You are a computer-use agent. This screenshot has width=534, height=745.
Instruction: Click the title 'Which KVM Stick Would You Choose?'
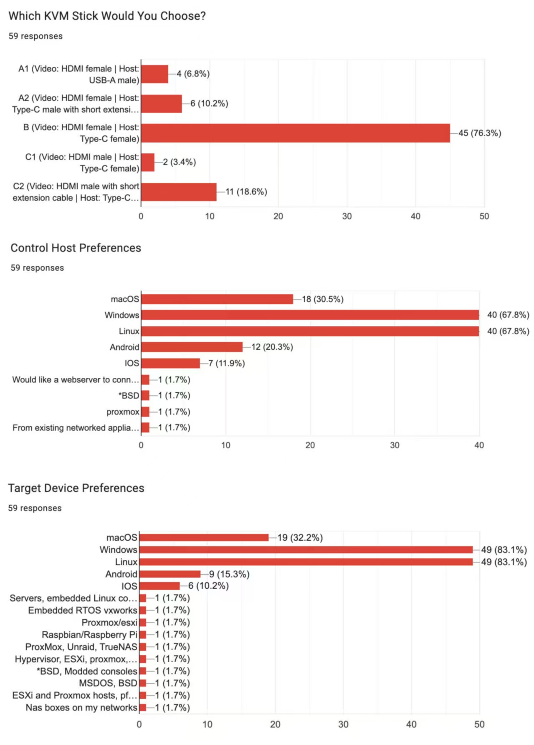[107, 16]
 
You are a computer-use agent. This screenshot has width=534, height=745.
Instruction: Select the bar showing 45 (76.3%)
[295, 133]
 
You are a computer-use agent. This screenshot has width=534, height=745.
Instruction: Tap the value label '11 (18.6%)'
[246, 192]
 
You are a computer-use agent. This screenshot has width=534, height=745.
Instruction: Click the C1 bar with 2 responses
[148, 162]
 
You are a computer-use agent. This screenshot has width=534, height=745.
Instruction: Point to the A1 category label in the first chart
[78, 74]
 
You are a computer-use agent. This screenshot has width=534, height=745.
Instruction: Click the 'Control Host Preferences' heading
[76, 248]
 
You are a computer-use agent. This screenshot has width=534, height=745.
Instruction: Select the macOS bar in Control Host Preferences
[217, 299]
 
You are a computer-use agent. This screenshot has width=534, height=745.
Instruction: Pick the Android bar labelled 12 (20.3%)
[192, 347]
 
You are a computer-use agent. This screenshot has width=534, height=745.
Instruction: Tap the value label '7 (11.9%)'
[226, 363]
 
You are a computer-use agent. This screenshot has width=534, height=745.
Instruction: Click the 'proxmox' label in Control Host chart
[123, 412]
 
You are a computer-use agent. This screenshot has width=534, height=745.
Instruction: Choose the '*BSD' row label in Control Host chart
[129, 395]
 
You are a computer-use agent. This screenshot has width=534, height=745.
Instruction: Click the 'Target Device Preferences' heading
[76, 488]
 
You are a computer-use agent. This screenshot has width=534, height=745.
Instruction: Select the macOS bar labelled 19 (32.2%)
[204, 537]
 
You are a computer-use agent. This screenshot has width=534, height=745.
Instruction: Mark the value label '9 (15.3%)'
[229, 574]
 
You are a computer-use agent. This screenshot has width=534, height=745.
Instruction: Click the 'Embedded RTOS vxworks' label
[82, 610]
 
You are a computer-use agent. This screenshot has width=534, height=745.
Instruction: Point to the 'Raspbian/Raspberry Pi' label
[89, 635]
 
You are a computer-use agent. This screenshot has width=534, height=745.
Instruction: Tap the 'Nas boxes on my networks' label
[81, 707]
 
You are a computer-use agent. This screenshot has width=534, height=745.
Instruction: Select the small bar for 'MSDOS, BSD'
[143, 683]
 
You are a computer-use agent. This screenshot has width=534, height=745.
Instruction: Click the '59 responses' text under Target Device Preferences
[35, 508]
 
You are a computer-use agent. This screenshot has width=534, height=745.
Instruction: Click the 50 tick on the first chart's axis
[484, 216]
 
